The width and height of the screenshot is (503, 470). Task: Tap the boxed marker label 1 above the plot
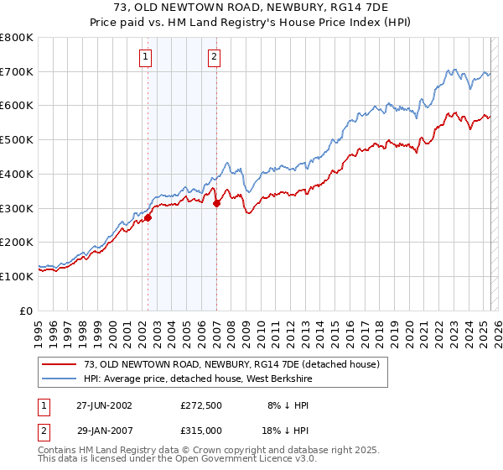pyautogui.click(x=146, y=57)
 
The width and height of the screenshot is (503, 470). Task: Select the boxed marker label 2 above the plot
pyautogui.click(x=215, y=57)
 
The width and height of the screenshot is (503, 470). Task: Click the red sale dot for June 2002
pyautogui.click(x=148, y=217)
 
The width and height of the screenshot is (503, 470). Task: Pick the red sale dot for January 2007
pyautogui.click(x=217, y=202)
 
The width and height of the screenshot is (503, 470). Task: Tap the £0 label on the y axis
pyautogui.click(x=26, y=311)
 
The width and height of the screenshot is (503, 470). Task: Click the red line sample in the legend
pyautogui.click(x=60, y=364)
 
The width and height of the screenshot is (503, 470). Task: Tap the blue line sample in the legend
pyautogui.click(x=60, y=379)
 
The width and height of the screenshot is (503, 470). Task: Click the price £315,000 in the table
pyautogui.click(x=200, y=430)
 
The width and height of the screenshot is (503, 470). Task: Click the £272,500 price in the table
pyautogui.click(x=200, y=405)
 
